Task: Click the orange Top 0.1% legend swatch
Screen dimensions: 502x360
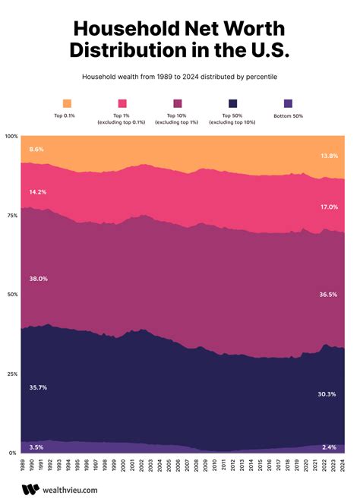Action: tap(68, 103)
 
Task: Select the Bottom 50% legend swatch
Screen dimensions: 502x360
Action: tap(288, 103)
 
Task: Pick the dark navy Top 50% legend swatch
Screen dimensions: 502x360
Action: tap(232, 103)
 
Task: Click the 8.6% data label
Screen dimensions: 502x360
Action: tap(36, 150)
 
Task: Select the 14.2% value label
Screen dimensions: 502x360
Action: tap(38, 191)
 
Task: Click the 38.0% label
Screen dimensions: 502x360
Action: tap(38, 279)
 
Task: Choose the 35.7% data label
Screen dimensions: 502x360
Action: tap(38, 387)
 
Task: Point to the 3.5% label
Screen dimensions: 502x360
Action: tap(36, 447)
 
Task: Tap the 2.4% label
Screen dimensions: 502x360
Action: tap(329, 447)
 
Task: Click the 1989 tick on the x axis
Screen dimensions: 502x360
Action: tap(22, 466)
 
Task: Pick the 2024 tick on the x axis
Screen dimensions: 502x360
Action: tap(343, 466)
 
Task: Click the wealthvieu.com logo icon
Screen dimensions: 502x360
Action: tap(30, 490)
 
